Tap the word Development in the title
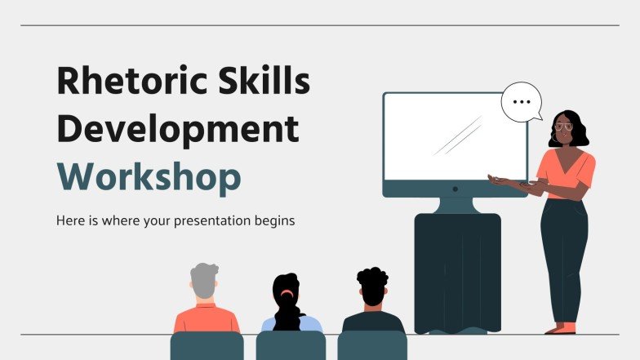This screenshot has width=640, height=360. point(176,130)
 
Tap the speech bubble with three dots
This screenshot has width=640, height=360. point(522,104)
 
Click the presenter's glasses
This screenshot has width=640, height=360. point(563,127)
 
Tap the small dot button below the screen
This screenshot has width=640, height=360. point(455,189)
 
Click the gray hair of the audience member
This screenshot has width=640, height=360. point(204,278)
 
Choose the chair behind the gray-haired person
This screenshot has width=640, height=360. point(207,346)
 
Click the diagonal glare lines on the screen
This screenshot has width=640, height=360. point(457,136)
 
